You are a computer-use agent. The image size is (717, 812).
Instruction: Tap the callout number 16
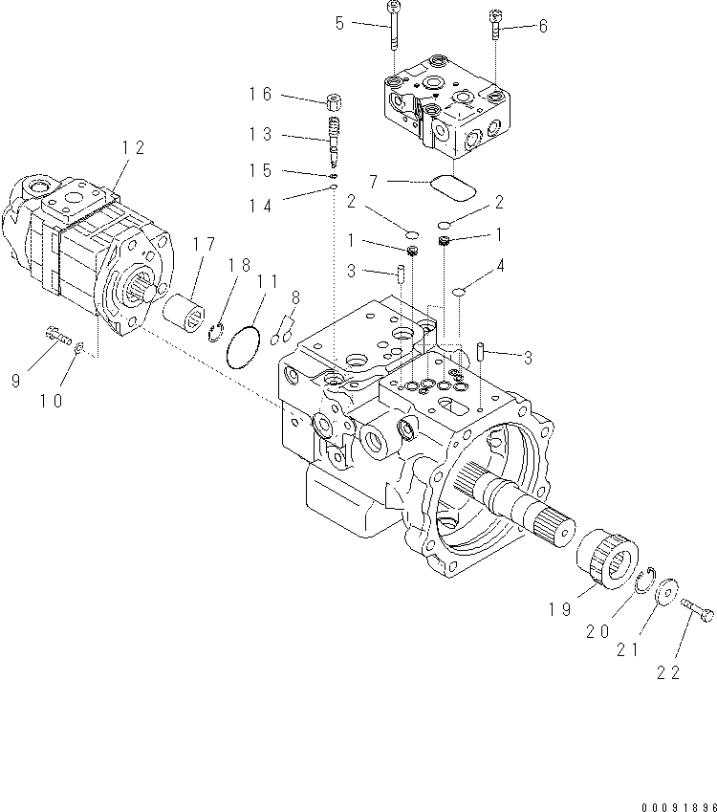coord(261,94)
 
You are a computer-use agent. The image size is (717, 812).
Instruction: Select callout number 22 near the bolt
coord(667,672)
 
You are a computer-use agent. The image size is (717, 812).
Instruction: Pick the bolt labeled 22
coord(699,607)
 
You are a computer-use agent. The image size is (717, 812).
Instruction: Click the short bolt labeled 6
coord(495,24)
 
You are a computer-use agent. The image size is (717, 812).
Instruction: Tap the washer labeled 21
coord(666,589)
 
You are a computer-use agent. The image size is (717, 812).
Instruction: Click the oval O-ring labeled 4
coord(459,293)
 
